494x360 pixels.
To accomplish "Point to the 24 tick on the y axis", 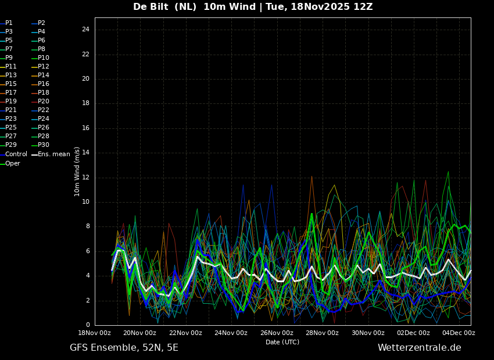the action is pos(85,30).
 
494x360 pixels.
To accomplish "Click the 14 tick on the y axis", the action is pos(85,153).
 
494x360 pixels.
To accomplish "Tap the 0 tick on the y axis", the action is pos(88,325).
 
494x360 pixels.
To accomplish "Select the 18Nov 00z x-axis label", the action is pos(94,333).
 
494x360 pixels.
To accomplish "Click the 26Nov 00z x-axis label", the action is pos(277,333).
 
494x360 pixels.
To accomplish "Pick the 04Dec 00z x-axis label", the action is pos(459,333).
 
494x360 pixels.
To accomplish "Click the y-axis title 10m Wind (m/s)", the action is pos(77,171).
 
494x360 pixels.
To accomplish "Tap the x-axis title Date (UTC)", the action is pos(282,342).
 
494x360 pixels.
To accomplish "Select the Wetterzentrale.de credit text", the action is pos(420,348).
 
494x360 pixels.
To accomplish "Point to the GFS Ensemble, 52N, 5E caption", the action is pos(124,348).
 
